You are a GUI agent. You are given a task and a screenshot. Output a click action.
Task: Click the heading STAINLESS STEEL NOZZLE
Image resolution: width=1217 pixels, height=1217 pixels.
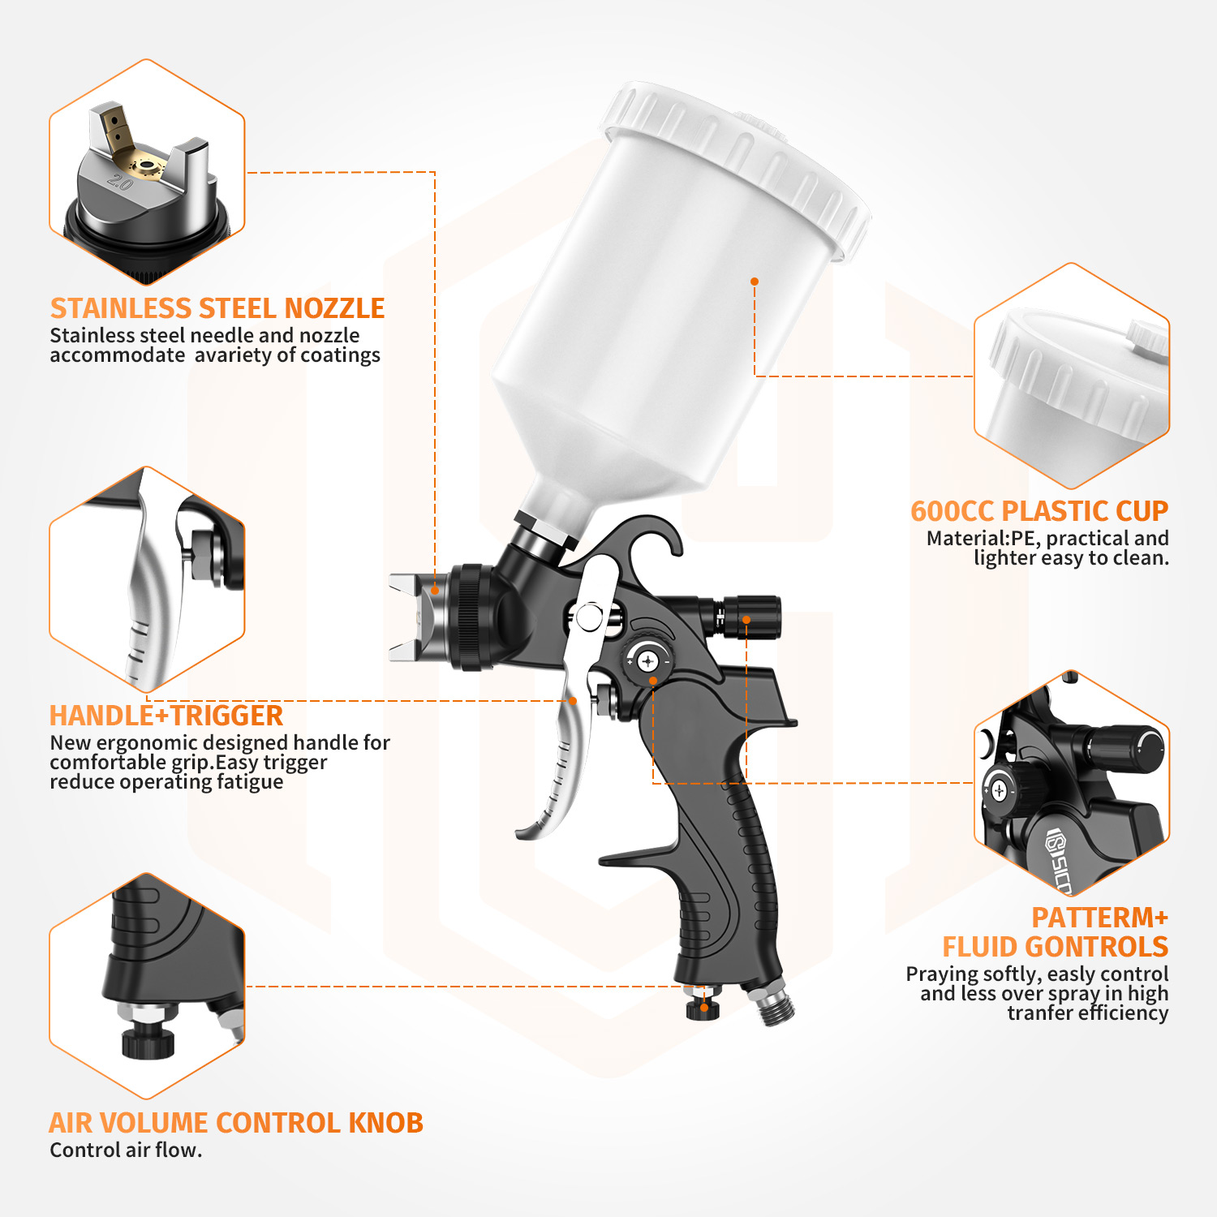pyautogui.click(x=217, y=308)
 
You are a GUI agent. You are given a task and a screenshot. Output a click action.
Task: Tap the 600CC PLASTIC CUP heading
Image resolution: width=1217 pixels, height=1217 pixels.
pyautogui.click(x=1039, y=511)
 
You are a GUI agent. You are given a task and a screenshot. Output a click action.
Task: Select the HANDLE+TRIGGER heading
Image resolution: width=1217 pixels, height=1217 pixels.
pyautogui.click(x=166, y=716)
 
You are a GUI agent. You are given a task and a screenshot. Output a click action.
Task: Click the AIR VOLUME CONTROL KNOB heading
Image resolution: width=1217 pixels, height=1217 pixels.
pyautogui.click(x=236, y=1123)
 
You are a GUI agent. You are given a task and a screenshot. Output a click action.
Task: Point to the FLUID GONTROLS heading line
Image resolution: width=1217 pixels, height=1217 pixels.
pyautogui.click(x=1055, y=947)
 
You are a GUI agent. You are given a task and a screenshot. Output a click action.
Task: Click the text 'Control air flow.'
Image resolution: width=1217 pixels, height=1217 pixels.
pyautogui.click(x=126, y=1150)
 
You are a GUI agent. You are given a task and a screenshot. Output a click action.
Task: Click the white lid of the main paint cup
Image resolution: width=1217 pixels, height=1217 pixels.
pyautogui.click(x=734, y=162)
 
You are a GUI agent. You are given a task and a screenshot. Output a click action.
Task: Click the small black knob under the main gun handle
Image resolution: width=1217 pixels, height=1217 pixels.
pyautogui.click(x=703, y=1008)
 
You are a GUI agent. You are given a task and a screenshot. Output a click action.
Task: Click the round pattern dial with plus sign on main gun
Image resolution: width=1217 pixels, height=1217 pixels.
pyautogui.click(x=647, y=662)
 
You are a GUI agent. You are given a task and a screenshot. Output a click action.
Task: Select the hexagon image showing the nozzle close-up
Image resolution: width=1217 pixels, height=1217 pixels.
pyautogui.click(x=147, y=172)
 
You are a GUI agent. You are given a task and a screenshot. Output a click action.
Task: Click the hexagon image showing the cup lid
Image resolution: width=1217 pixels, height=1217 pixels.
pyautogui.click(x=1071, y=376)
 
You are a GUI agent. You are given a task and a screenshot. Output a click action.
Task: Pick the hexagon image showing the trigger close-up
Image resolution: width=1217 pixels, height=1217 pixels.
pyautogui.click(x=147, y=579)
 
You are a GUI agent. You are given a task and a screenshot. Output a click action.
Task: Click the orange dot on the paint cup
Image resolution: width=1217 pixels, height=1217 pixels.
pyautogui.click(x=755, y=282)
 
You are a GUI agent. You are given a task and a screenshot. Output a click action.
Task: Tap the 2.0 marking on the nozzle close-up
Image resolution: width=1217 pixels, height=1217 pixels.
pyautogui.click(x=120, y=183)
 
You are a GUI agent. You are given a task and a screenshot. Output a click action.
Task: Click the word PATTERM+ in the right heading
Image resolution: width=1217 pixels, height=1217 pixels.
pyautogui.click(x=1099, y=918)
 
